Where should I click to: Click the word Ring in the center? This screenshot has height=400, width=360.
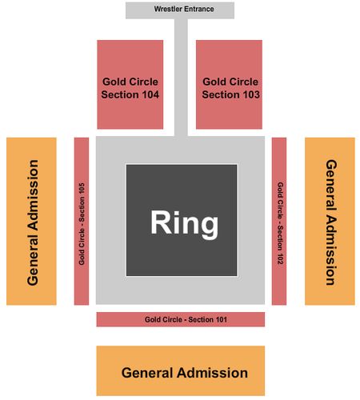point(184,223)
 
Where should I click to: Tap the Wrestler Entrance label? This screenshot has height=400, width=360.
point(184,9)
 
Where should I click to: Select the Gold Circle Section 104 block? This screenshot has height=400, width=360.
point(130,85)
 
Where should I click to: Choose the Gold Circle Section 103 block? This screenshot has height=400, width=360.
point(229,85)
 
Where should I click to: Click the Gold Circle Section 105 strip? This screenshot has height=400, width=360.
point(82,221)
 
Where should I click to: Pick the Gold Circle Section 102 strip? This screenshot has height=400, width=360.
point(279,221)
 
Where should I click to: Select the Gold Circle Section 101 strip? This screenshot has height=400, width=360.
point(181,319)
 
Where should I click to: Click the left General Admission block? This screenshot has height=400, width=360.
point(31,221)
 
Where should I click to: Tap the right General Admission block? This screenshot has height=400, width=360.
point(330,221)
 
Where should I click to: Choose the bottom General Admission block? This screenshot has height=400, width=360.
point(181,370)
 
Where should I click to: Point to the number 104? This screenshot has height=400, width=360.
point(150,94)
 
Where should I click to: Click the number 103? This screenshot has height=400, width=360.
point(251,94)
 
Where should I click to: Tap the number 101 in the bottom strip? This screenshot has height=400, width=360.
point(221,319)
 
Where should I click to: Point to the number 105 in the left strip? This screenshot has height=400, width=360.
point(82,189)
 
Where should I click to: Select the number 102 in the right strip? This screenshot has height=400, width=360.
point(280,258)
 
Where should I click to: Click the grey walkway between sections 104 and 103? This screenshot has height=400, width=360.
point(181,78)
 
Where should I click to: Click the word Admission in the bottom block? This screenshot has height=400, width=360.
point(213,373)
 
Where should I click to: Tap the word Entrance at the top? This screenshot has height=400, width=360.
point(199,9)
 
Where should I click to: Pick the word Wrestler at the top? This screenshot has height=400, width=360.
point(168,9)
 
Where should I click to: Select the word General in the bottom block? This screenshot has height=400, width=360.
point(147,373)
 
